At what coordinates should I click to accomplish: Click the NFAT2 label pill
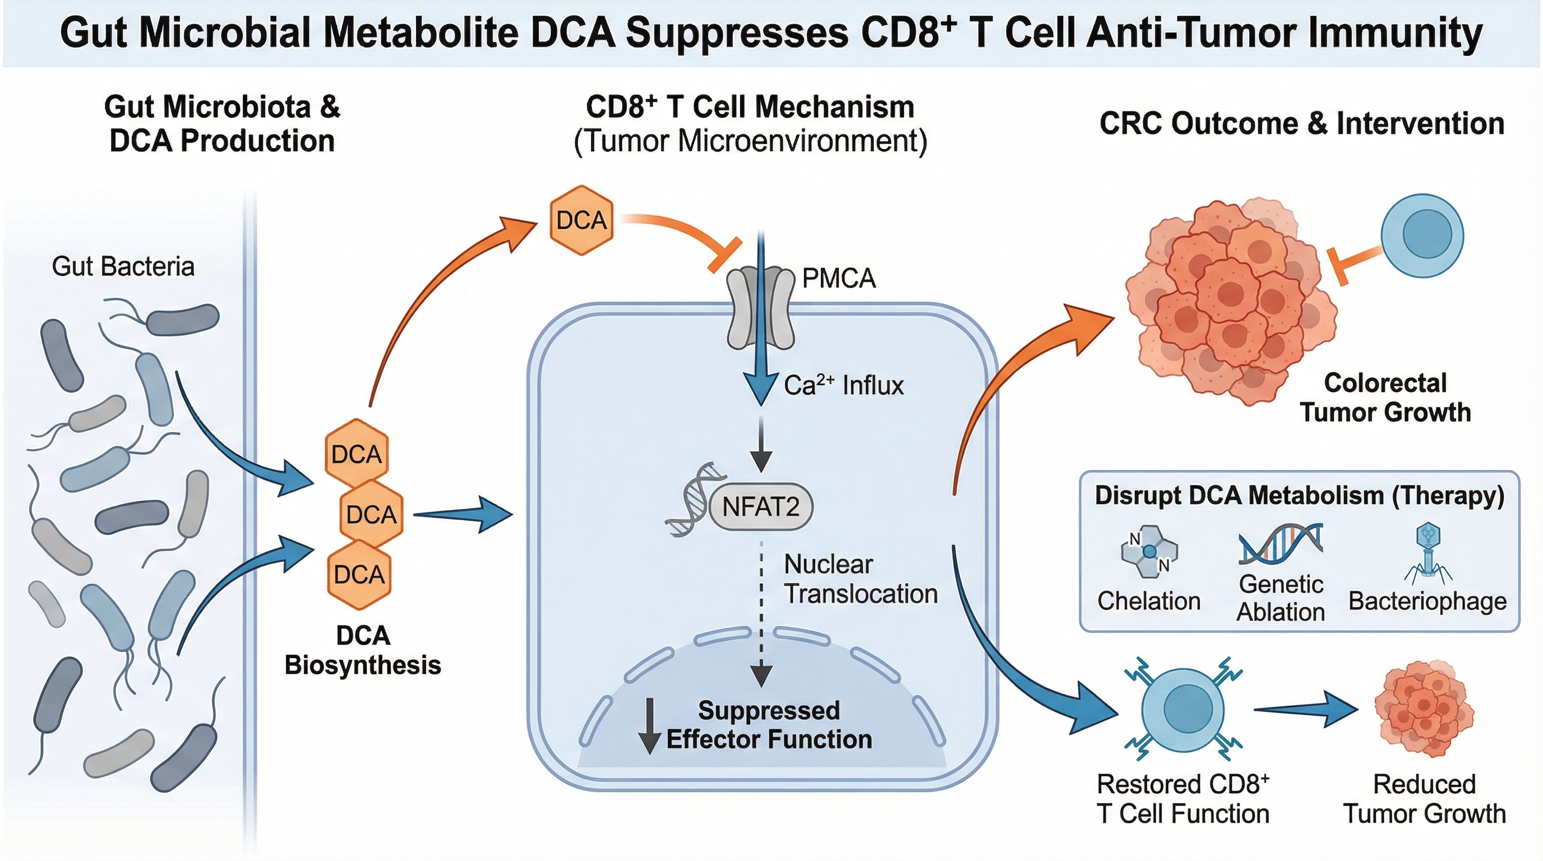coord(761,507)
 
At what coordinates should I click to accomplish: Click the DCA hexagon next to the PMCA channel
coord(581,220)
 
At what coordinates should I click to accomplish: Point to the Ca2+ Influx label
coord(843,386)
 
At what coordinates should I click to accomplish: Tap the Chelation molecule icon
coord(1149,552)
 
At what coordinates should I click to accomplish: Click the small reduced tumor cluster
coord(1423,710)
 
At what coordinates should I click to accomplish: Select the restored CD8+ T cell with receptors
coord(1183,710)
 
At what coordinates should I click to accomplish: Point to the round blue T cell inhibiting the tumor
coord(1422,235)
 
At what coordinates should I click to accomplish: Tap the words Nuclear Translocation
coord(860,580)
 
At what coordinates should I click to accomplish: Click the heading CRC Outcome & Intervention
coord(1301,124)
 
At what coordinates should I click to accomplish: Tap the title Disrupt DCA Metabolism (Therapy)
coord(1299,496)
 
